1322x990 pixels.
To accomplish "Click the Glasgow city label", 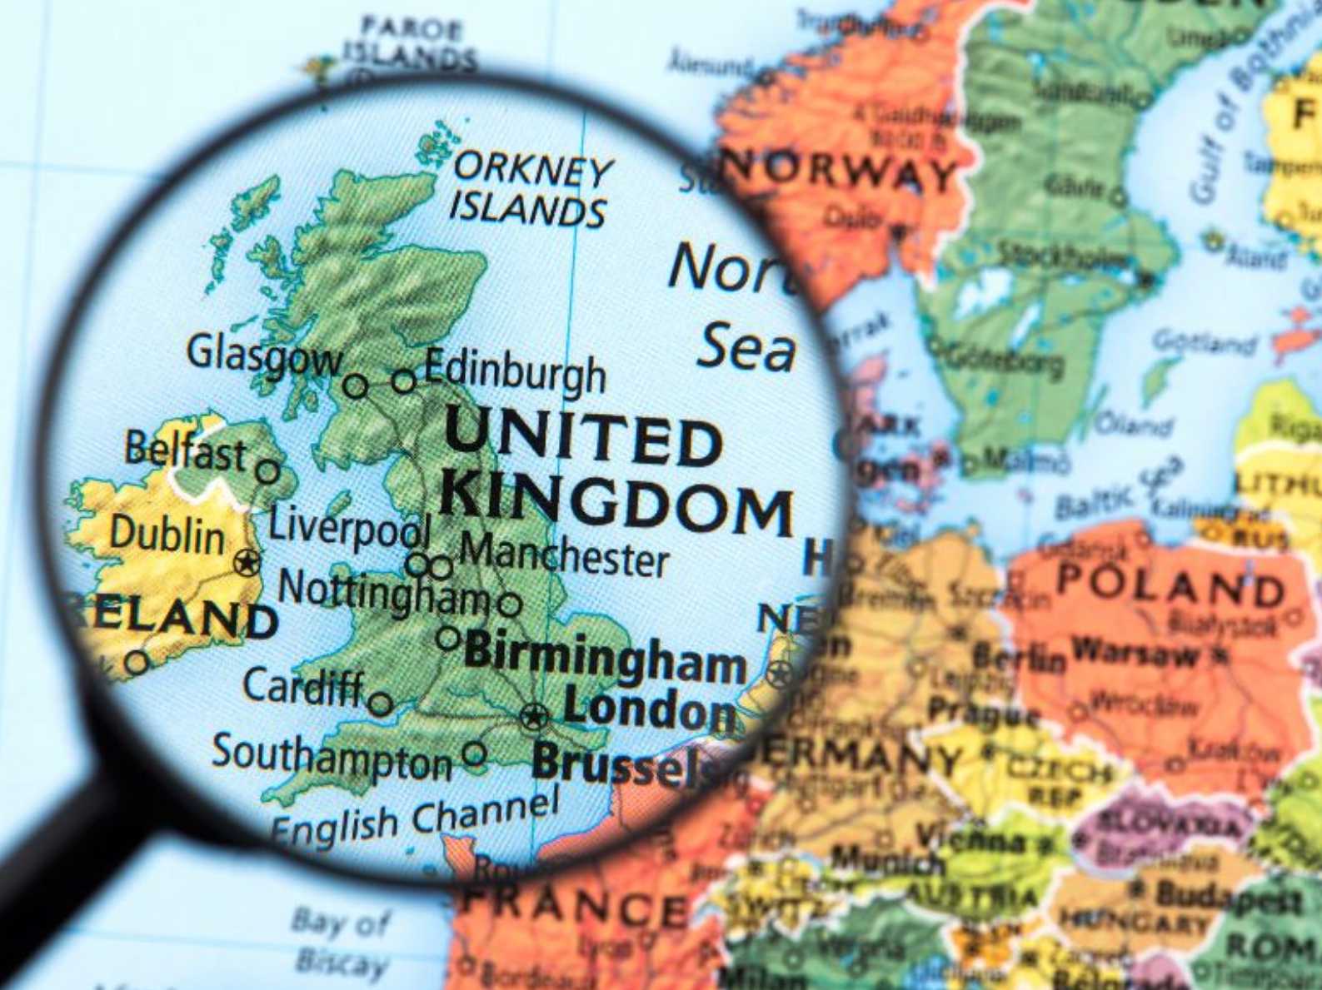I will (x=263, y=354).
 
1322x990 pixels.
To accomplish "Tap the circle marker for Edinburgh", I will (x=404, y=381).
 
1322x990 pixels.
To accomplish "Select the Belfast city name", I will (x=186, y=452).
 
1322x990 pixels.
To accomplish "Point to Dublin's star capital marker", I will (x=246, y=563).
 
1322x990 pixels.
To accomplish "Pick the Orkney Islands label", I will (x=530, y=190).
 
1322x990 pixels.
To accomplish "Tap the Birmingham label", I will (x=605, y=657).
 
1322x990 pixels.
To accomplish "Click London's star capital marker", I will (x=534, y=715).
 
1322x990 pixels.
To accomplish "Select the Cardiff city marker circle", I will (x=381, y=704).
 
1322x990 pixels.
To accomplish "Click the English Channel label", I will (x=414, y=817).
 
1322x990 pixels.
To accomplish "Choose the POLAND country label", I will (x=1171, y=585).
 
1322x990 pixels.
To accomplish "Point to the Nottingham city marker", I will (x=510, y=604).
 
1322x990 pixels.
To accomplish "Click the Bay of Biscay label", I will (x=341, y=943).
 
